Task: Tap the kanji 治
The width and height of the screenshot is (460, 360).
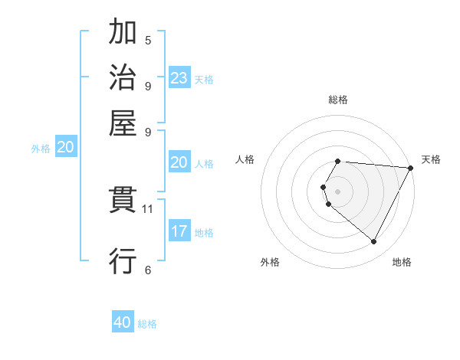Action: click(123, 77)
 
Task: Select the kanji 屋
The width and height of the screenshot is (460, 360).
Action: click(123, 123)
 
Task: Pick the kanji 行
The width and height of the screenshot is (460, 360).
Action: click(123, 260)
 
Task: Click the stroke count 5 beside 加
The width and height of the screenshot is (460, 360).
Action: click(148, 41)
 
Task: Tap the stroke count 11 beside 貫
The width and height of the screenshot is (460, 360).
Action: click(148, 208)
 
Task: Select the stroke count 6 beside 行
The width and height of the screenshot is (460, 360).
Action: click(148, 269)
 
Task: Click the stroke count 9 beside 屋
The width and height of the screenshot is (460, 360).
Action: click(148, 131)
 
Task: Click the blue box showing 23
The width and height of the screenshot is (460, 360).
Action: click(179, 78)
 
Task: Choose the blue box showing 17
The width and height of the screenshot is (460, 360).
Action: click(179, 232)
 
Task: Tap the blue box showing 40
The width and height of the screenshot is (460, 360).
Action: click(123, 322)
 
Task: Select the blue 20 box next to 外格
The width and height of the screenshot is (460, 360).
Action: click(66, 148)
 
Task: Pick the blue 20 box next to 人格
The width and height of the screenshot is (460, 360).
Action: click(179, 162)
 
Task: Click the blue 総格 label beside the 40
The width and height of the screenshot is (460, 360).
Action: click(147, 324)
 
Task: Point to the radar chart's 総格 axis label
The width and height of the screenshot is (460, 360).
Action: click(338, 100)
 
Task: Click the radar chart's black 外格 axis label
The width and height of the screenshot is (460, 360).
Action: click(270, 262)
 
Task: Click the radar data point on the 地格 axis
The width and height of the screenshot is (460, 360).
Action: click(374, 242)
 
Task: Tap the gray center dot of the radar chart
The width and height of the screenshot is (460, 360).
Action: click(338, 191)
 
